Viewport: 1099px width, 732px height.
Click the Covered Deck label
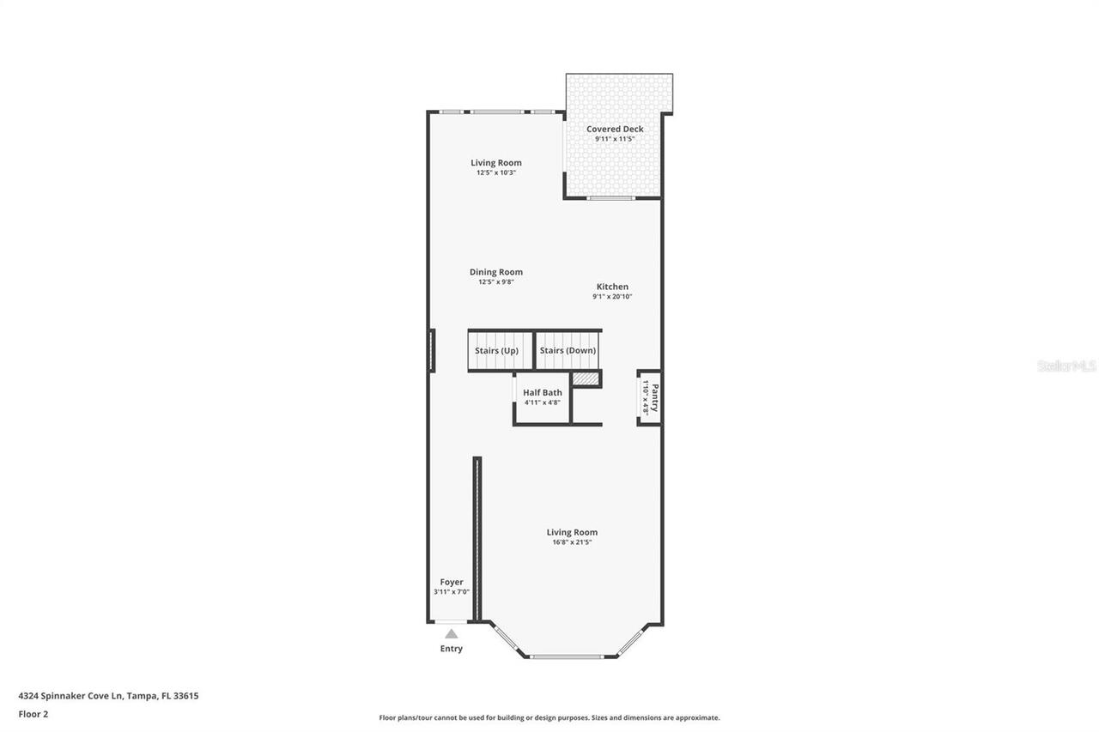click(x=615, y=130)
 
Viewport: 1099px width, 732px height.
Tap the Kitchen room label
click(x=612, y=287)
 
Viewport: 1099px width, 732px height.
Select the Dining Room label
click(x=495, y=272)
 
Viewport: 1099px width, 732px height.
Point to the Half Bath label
click(x=542, y=392)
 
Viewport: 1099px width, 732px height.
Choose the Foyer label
click(x=452, y=582)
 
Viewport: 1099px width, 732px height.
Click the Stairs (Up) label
click(x=496, y=350)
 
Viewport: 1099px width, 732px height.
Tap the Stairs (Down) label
click(x=568, y=350)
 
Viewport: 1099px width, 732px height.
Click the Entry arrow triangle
click(x=451, y=633)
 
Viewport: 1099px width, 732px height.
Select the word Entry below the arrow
click(x=451, y=649)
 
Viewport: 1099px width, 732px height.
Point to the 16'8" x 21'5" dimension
click(x=572, y=541)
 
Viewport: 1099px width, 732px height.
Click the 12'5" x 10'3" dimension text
click(x=495, y=172)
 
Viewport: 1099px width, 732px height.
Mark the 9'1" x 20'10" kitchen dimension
click(x=612, y=297)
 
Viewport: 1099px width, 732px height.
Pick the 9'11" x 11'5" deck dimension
click(x=615, y=139)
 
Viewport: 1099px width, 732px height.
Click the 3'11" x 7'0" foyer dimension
click(x=452, y=591)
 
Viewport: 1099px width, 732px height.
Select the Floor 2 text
click(x=33, y=713)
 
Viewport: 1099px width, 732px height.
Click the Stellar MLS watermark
click(x=1066, y=366)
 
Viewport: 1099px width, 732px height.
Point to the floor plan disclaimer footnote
click(x=549, y=717)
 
